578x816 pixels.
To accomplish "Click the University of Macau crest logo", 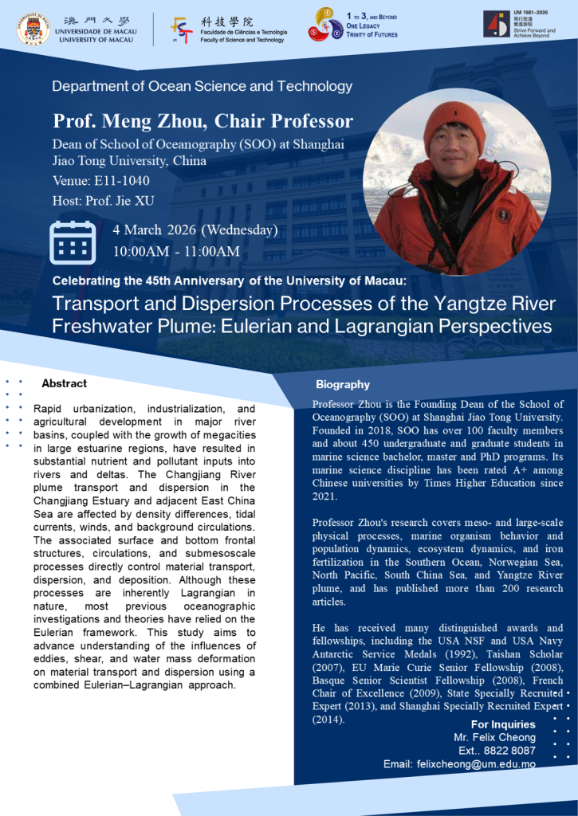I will pyautogui.click(x=33, y=29).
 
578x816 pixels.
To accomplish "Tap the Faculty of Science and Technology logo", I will pyautogui.click(x=181, y=29).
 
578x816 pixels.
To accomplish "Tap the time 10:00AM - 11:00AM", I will pyautogui.click(x=176, y=252).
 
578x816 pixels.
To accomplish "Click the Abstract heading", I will pyautogui.click(x=64, y=383).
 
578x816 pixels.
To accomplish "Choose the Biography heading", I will pyautogui.click(x=343, y=385).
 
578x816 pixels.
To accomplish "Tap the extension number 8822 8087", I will pyautogui.click(x=509, y=750).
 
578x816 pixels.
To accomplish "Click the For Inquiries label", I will pyautogui.click(x=503, y=724).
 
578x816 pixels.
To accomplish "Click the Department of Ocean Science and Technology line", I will pyautogui.click(x=202, y=86).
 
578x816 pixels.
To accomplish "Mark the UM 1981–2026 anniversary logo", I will pyautogui.click(x=496, y=24).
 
